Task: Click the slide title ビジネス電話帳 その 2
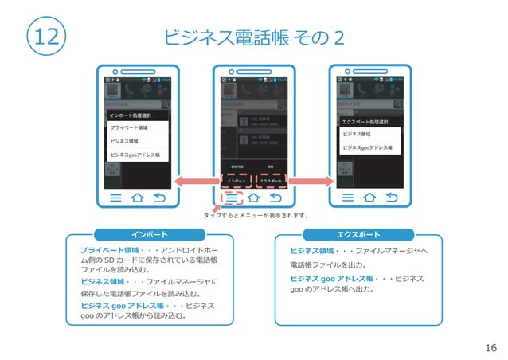point(253,37)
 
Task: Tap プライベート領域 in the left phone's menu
point(128,127)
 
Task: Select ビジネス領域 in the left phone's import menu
point(124,141)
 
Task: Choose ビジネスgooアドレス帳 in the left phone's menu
point(135,155)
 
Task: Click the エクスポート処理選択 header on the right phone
point(365,122)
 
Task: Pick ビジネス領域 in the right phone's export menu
point(356,135)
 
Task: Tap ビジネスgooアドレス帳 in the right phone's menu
point(367,147)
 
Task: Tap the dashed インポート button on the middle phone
point(236,181)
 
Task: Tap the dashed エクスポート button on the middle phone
point(271,181)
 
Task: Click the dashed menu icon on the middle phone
point(231,198)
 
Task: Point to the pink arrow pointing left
point(195,181)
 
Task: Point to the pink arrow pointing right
point(311,181)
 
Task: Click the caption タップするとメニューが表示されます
point(255,215)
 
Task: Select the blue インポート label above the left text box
point(149,234)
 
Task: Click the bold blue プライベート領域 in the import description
point(106,250)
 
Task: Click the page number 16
point(490,347)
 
